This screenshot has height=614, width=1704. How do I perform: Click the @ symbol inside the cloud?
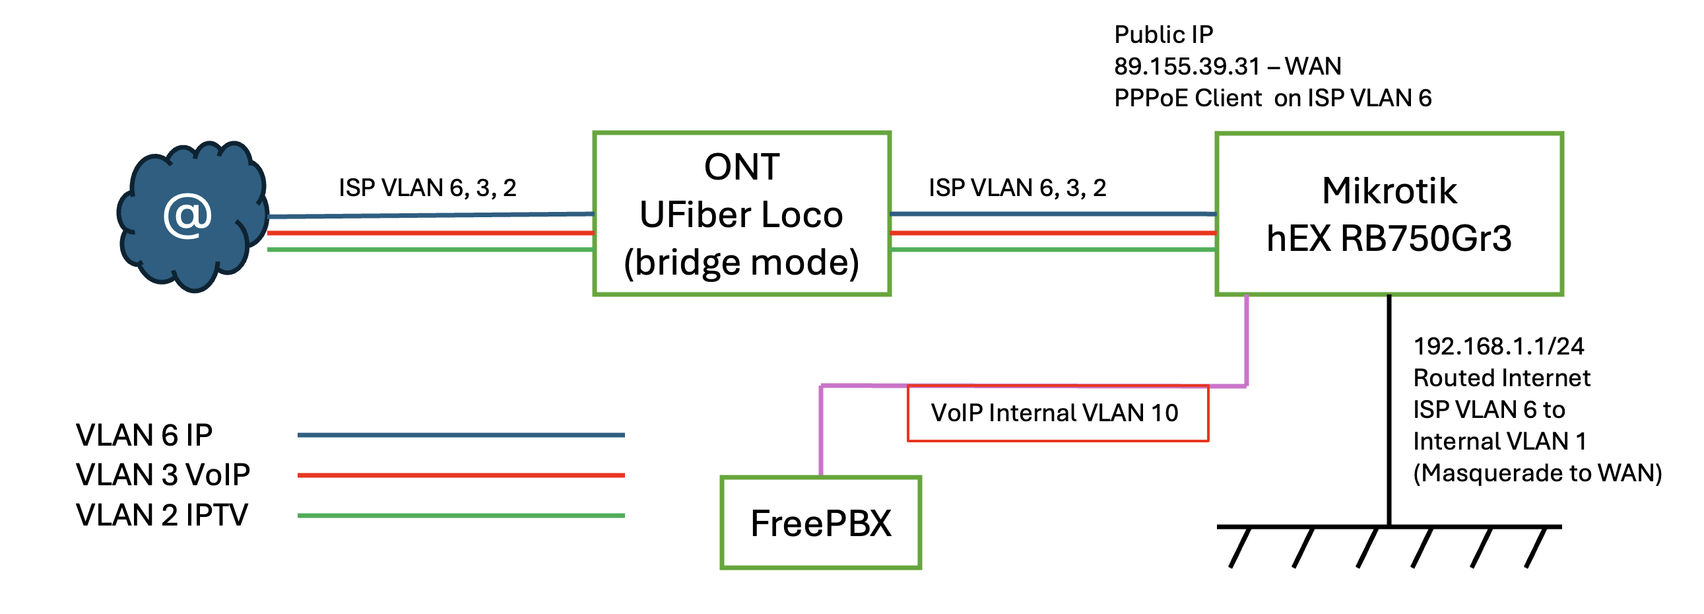coord(187,216)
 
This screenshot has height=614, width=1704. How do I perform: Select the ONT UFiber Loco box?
coord(742,214)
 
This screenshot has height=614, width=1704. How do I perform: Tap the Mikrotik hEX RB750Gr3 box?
coord(1389,214)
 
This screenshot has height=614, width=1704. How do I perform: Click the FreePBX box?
coord(820,523)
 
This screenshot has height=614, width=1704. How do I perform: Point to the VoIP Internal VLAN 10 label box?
coord(1057,413)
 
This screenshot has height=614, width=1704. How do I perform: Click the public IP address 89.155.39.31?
coord(1187,66)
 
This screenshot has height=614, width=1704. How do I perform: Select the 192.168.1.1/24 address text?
coord(1498,346)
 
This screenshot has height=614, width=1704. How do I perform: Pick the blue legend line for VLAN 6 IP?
coord(461,434)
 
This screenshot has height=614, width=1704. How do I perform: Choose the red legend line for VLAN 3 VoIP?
coord(461,475)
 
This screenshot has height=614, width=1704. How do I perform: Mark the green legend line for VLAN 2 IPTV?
coord(461,516)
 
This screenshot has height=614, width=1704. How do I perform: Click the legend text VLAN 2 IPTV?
coord(162,516)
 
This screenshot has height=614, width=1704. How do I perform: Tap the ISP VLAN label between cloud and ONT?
coord(428,188)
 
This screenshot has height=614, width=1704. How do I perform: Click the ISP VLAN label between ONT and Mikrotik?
coord(1017,188)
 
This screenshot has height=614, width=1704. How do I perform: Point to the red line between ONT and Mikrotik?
coord(1053,233)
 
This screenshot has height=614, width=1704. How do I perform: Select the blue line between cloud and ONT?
coord(430,215)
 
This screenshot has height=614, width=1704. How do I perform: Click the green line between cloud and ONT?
coord(430,250)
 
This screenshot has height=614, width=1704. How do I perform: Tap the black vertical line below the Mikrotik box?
coord(1389,410)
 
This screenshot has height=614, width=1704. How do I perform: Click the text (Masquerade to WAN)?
coord(1537,473)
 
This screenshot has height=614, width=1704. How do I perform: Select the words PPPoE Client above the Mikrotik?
coord(1188,98)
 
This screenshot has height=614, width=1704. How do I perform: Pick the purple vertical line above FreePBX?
coord(821,430)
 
